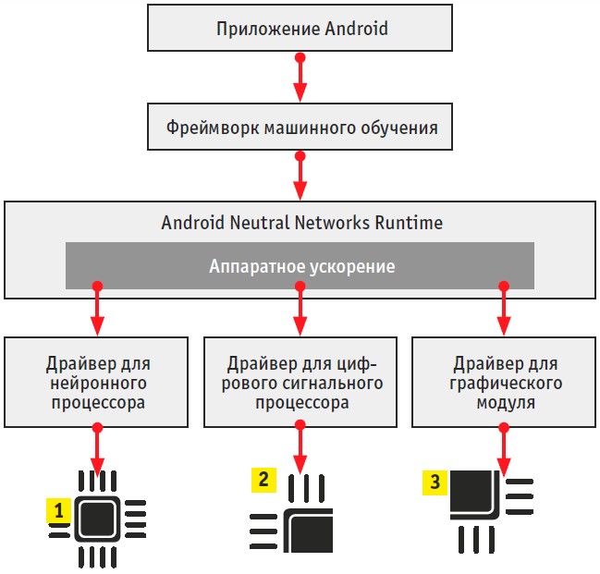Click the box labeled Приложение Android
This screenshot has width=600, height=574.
(300, 28)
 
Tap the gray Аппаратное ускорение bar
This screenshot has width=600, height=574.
(300, 266)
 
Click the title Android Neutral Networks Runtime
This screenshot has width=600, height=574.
(300, 223)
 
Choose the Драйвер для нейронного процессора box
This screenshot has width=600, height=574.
(97, 382)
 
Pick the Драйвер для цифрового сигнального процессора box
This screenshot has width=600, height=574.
(300, 382)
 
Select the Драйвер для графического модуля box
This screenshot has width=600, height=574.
(503, 382)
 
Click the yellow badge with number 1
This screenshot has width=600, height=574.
(59, 509)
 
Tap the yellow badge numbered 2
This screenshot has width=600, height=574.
(263, 480)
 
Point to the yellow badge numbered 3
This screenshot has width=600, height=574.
(435, 482)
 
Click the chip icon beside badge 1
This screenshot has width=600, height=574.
(97, 519)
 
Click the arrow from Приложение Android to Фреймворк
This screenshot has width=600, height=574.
(300, 78)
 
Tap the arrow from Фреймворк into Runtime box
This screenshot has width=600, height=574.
(300, 175)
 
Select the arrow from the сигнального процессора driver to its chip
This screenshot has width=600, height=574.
(300, 449)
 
